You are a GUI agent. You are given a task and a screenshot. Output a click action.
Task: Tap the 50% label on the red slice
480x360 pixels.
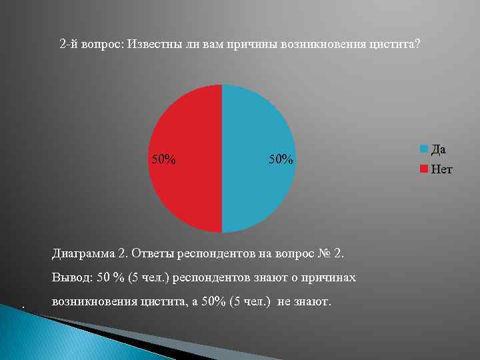(x=164, y=159)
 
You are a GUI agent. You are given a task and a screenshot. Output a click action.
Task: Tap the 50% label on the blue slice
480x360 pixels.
(x=280, y=159)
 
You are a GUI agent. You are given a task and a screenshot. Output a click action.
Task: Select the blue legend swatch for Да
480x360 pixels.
(x=424, y=149)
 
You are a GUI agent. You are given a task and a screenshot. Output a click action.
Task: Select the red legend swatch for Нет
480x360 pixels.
(x=424, y=169)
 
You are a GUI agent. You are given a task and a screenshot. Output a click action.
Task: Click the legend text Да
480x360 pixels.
(x=439, y=149)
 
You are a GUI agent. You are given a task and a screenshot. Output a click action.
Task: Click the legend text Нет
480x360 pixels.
(x=441, y=169)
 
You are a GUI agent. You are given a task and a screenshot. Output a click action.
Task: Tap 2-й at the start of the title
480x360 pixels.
(x=69, y=44)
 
